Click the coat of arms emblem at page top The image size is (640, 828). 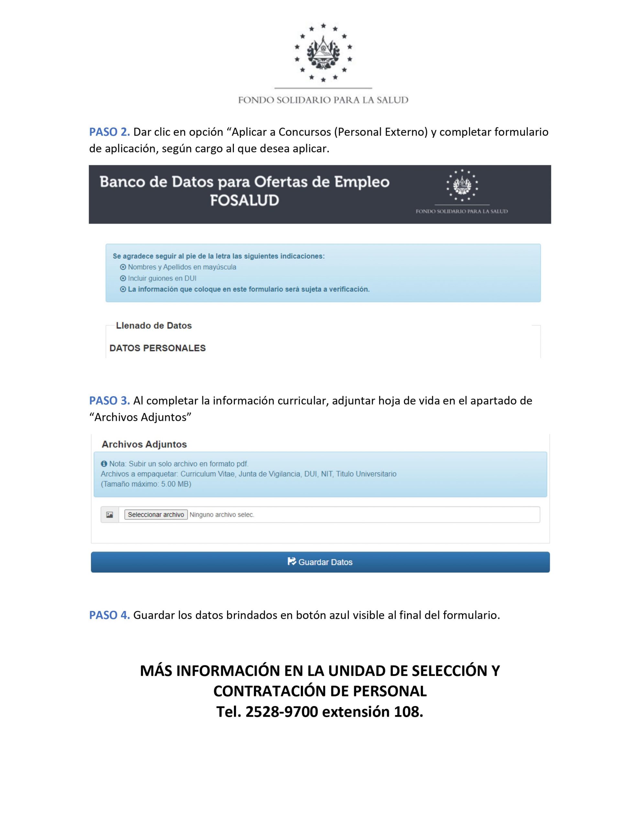tap(323, 52)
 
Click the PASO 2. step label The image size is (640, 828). tap(109, 132)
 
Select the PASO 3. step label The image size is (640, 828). tap(109, 400)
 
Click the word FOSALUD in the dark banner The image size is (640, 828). tap(244, 200)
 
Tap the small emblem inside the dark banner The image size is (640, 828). tap(462, 185)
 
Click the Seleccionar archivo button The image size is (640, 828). tap(156, 515)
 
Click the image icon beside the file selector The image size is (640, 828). tap(110, 515)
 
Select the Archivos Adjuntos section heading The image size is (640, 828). tap(144, 444)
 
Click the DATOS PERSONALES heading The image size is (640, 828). tap(158, 348)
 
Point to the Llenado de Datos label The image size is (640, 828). tap(154, 326)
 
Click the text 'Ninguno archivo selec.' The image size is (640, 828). tap(222, 515)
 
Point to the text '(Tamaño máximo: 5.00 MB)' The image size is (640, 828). tap(146, 484)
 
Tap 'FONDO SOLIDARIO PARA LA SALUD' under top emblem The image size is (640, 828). tap(323, 100)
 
